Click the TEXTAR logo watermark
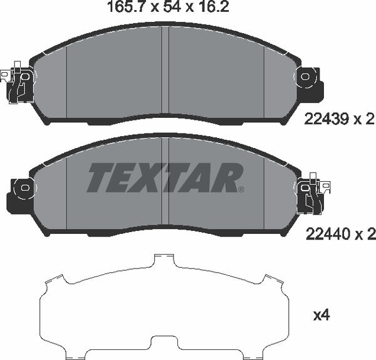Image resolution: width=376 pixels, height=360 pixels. tap(163, 177)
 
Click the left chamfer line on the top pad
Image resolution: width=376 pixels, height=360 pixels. tap(66, 82)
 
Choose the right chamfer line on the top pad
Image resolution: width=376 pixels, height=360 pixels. tap(264, 82)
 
